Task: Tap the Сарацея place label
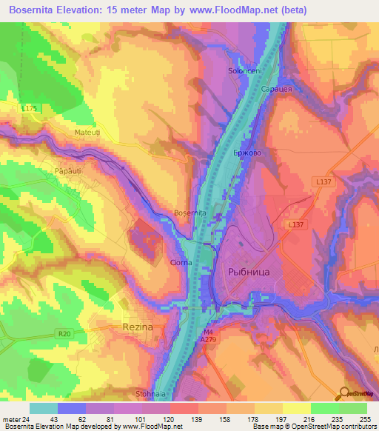click(275, 88)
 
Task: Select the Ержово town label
click(247, 153)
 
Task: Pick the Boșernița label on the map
click(189, 213)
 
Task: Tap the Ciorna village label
click(181, 262)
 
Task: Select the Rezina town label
click(137, 327)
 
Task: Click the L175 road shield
click(30, 109)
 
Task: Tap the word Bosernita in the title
click(36, 10)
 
